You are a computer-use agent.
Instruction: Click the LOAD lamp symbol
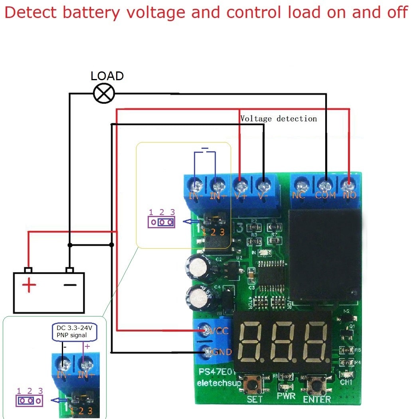click(104, 94)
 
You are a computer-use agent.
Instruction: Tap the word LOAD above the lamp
click(107, 76)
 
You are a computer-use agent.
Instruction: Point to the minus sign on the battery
click(70, 285)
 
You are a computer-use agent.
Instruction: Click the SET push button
click(254, 385)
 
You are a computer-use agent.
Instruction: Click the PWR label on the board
click(286, 396)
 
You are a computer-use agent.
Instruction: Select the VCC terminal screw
click(206, 330)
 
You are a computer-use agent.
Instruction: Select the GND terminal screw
click(207, 351)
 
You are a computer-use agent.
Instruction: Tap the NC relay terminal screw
click(299, 186)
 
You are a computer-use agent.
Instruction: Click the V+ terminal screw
click(240, 186)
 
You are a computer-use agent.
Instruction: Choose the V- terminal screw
click(262, 186)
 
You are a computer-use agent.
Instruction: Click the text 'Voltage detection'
click(279, 119)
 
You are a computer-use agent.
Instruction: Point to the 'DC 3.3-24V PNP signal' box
click(75, 332)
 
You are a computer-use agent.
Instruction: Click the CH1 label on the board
click(346, 382)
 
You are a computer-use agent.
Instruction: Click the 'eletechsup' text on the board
click(219, 383)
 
